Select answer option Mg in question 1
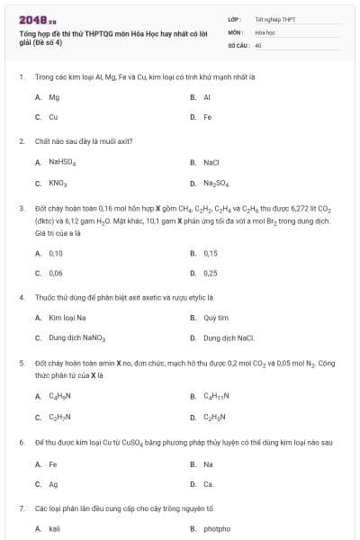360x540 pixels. [x=54, y=96]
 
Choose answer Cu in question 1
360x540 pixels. [x=53, y=117]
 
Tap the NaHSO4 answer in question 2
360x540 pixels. [x=62, y=163]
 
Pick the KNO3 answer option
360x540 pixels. [x=58, y=183]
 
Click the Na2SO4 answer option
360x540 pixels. [x=216, y=183]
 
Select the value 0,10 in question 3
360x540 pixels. [x=56, y=253]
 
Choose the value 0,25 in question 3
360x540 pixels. [x=211, y=273]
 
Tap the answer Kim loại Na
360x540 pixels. [x=67, y=318]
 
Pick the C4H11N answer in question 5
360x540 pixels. [x=216, y=396]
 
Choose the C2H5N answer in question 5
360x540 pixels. [x=214, y=417]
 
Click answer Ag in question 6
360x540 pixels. [x=53, y=483]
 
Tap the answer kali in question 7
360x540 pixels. [x=54, y=528]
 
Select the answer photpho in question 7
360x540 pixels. [x=217, y=528]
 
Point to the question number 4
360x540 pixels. [x=21, y=296]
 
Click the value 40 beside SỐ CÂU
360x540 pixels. [x=258, y=44]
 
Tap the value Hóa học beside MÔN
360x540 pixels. [x=265, y=31]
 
